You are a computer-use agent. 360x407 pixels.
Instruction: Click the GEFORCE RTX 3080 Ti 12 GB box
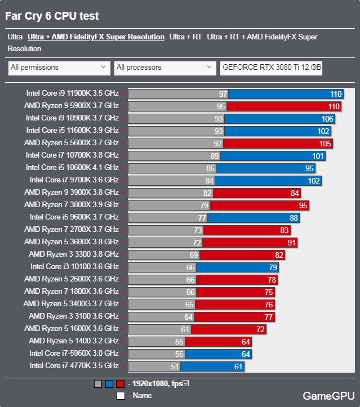pos(272,68)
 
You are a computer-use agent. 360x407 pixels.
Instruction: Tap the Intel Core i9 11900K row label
pos(72,93)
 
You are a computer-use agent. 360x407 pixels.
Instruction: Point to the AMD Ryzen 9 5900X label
pos(72,106)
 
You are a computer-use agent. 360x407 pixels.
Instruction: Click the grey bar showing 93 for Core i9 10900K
pos(176,118)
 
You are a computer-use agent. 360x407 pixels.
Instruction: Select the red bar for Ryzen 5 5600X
pos(281,143)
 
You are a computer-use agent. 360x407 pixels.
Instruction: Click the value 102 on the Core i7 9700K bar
pos(314,180)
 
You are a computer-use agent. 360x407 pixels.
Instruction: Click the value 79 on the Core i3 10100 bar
pos(272,267)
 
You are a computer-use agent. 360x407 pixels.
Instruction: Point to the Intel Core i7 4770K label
pos(74,366)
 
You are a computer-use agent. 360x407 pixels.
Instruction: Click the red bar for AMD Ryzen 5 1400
pos(218,341)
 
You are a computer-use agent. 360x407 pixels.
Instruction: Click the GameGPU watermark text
pos(328,395)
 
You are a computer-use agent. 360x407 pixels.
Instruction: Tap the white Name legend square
pos(121,396)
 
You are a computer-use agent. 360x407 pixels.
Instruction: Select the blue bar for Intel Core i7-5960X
pos(218,354)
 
